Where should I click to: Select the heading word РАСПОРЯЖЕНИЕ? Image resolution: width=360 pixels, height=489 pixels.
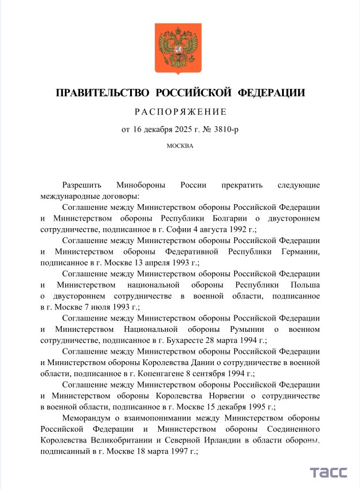pyautogui.click(x=181, y=111)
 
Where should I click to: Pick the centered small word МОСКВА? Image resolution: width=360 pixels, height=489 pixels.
pyautogui.click(x=180, y=146)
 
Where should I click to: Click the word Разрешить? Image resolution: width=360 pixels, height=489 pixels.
pyautogui.click(x=82, y=185)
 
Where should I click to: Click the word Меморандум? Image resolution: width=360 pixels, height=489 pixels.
pyautogui.click(x=88, y=418)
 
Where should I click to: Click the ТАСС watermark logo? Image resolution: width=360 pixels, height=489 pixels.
pyautogui.click(x=329, y=473)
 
